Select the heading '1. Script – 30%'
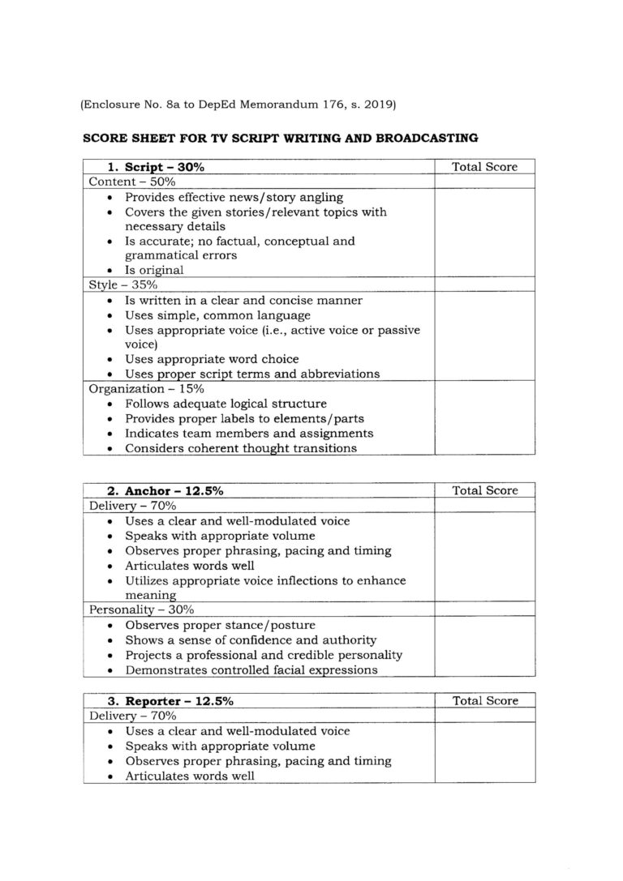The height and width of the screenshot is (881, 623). coord(157,167)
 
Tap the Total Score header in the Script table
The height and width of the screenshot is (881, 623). coord(484,167)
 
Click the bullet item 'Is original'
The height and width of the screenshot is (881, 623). coord(154,270)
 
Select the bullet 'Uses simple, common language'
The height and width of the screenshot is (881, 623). coord(217,314)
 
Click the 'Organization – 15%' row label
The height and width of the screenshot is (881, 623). coord(146,388)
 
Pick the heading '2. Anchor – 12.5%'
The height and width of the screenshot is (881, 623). coord(165,490)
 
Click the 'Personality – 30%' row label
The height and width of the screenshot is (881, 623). coord(136,609)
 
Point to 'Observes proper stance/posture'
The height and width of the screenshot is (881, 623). coord(220,625)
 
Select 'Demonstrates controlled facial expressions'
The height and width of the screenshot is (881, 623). coord(251,669)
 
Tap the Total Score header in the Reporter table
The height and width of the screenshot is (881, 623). coord(484,701)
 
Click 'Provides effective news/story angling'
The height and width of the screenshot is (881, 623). coord(234,197)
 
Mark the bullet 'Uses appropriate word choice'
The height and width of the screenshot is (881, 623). coord(212,358)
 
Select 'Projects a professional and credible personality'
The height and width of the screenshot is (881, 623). coord(264,654)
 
